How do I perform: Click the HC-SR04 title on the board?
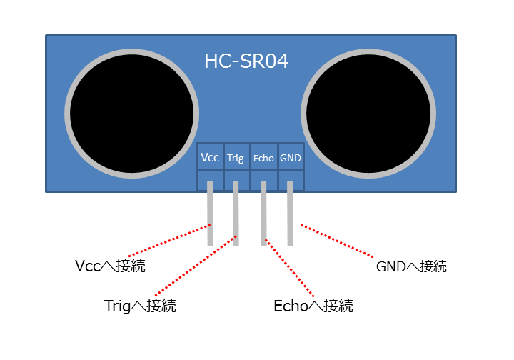(246, 61)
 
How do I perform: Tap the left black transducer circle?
(132, 114)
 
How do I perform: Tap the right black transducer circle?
(368, 114)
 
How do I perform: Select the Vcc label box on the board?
(210, 157)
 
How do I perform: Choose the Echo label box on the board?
(264, 157)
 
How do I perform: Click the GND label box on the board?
(291, 157)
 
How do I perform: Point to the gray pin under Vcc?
(210, 213)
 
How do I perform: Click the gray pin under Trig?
(236, 213)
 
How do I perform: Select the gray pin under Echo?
(263, 213)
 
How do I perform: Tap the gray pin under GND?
(290, 213)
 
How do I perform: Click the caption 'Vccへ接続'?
(110, 266)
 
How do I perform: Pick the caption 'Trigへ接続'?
(140, 306)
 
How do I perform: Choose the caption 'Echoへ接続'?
(313, 306)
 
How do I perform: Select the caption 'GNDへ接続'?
(411, 266)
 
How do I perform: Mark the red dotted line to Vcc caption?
(169, 240)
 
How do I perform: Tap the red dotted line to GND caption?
(337, 240)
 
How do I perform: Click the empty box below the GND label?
(291, 180)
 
